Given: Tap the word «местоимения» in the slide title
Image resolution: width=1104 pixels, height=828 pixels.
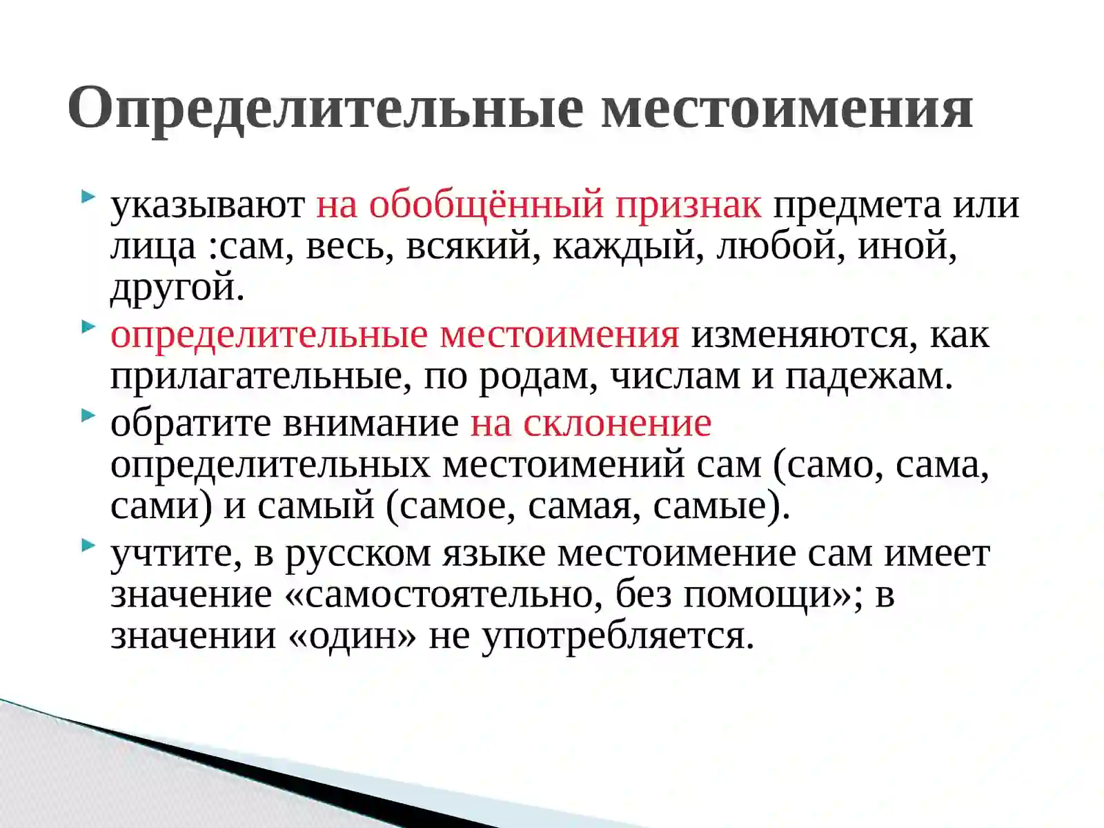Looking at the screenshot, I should pos(787,108).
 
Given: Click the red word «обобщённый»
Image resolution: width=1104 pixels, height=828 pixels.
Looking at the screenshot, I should pos(486,205).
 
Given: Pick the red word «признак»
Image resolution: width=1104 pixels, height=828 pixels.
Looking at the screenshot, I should pos(688,205).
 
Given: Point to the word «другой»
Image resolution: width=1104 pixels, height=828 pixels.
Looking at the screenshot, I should pos(172,287).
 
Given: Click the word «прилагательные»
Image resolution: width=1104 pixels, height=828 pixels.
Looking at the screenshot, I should pos(256,376).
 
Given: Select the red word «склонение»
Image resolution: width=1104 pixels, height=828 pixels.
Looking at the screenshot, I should pos(617,423).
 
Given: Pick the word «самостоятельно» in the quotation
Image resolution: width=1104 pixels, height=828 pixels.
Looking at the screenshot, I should pos(448,594).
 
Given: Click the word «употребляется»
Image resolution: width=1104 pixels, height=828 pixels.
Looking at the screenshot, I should pos(617,635).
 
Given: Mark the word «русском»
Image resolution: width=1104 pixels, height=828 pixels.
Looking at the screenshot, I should pos(357,553).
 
